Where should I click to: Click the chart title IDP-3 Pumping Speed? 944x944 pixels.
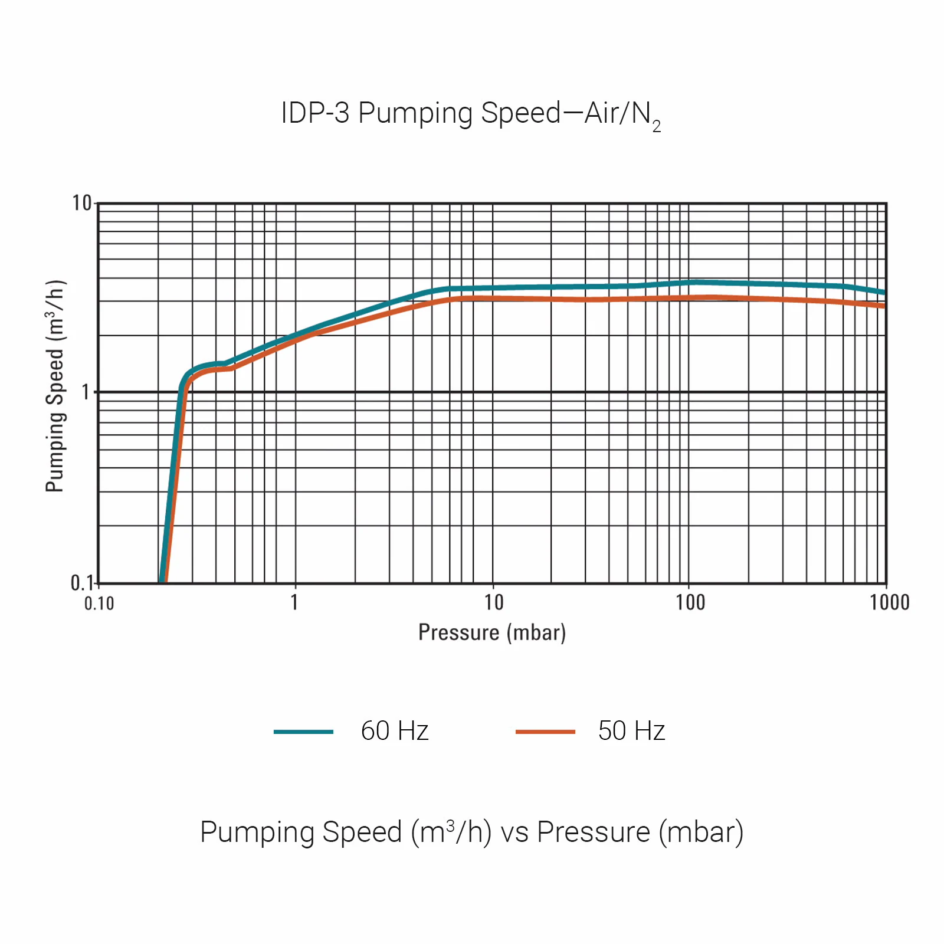(x=470, y=113)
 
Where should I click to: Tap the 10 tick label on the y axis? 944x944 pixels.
(x=82, y=204)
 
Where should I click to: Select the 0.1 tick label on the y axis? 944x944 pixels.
(x=81, y=583)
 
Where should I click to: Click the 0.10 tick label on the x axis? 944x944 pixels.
(x=99, y=604)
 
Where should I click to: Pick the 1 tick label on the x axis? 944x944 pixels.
(x=294, y=602)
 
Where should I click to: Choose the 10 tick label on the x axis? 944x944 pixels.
(x=494, y=602)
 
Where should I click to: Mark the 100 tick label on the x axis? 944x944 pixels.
(x=690, y=602)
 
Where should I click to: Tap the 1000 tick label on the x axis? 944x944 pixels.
(x=890, y=602)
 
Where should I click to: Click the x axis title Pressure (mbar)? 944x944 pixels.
(x=492, y=632)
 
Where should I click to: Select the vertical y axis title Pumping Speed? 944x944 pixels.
(x=55, y=386)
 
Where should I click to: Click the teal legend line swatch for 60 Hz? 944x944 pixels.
(x=303, y=732)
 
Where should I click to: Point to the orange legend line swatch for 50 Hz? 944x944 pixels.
(x=545, y=732)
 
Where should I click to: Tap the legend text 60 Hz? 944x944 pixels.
(x=395, y=731)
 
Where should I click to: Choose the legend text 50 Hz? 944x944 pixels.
(x=631, y=731)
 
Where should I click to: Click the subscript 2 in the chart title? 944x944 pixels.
(x=657, y=127)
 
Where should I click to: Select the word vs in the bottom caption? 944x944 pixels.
(x=514, y=832)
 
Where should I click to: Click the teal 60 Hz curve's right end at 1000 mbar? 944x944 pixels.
(x=883, y=292)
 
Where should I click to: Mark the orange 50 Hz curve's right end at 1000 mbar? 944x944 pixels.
(x=883, y=306)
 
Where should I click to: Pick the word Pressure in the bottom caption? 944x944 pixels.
(x=594, y=832)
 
